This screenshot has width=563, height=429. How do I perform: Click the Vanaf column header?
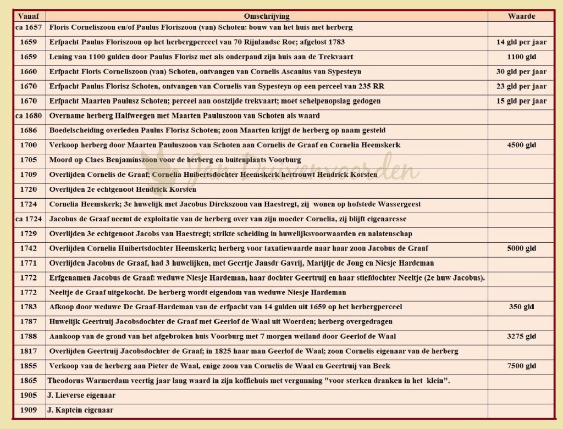click(x=29, y=16)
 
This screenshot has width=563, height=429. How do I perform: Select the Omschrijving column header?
click(x=267, y=16)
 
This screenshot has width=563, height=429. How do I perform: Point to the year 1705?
click(x=29, y=160)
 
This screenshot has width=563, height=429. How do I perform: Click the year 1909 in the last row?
click(x=29, y=410)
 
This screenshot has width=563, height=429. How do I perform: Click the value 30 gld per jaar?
click(x=521, y=71)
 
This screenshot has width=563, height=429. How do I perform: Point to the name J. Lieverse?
click(x=67, y=395)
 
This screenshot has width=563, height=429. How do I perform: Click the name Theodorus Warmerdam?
click(x=82, y=381)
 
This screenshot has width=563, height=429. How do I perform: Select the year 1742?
click(x=29, y=248)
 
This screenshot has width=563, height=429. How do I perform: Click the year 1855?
click(x=29, y=366)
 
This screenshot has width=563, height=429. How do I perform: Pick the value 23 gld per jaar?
click(x=521, y=86)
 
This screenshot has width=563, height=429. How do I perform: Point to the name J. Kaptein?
click(x=67, y=410)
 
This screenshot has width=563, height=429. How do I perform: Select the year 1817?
click(x=29, y=351)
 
